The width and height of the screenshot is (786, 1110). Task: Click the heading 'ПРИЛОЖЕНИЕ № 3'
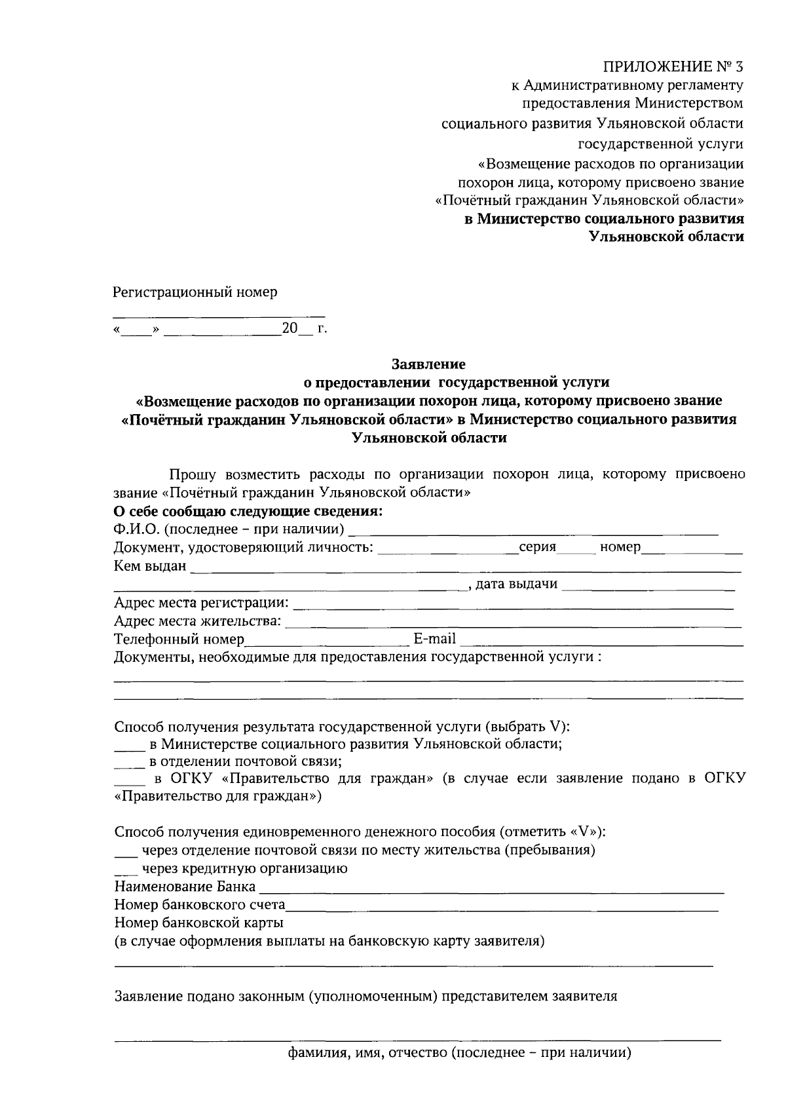click(x=673, y=66)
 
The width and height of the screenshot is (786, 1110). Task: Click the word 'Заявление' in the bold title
click(x=428, y=363)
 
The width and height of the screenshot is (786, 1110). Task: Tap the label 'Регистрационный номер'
click(x=195, y=292)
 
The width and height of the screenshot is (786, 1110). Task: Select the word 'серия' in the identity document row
click(x=537, y=547)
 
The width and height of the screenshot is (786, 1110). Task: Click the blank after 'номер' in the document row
click(x=692, y=551)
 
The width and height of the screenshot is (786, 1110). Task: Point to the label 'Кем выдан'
click(x=150, y=565)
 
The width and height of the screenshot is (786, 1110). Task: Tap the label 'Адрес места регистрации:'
click(x=201, y=602)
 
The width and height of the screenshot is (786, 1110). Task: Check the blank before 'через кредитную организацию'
click(x=125, y=873)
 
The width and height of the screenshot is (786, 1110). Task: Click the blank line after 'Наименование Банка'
click(x=491, y=891)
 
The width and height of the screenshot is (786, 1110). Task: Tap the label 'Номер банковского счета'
click(x=200, y=905)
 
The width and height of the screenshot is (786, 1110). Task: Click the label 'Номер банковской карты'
click(x=198, y=923)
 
